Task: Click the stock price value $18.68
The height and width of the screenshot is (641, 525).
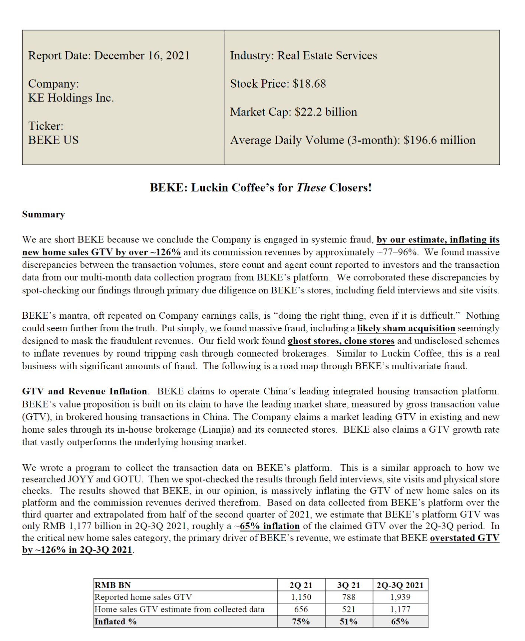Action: (x=309, y=84)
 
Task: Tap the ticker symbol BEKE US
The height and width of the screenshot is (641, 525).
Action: (x=54, y=140)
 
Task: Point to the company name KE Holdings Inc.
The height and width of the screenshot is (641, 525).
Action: (x=71, y=98)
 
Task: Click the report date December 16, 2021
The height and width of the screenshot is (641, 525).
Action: (x=142, y=55)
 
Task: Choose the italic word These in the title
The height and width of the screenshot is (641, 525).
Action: (x=311, y=188)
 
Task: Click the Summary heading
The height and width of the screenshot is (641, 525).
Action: (x=43, y=214)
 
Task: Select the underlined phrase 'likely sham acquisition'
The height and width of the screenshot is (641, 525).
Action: (x=406, y=328)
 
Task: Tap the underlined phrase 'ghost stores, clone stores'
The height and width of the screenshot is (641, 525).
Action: (x=341, y=341)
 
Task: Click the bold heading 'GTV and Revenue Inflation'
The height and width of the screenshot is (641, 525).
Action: (x=84, y=391)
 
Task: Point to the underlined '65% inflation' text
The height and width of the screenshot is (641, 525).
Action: (x=270, y=526)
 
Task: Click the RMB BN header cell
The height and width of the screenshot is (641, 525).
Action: (x=113, y=585)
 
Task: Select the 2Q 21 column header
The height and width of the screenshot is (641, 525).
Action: (x=301, y=585)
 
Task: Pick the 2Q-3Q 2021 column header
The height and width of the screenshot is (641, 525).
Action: (x=400, y=585)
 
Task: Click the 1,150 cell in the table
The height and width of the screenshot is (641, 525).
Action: (x=301, y=597)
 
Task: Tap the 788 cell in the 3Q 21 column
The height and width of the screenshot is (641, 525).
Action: (x=349, y=597)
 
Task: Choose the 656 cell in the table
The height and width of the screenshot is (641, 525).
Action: (x=301, y=609)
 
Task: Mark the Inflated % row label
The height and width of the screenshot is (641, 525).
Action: (x=116, y=622)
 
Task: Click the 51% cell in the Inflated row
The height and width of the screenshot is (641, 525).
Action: (x=349, y=622)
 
